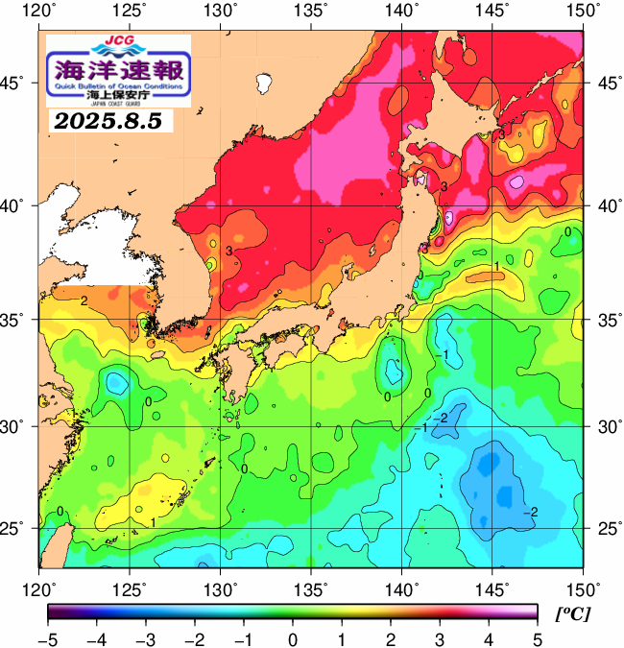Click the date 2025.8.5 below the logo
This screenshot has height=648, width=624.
click(108, 122)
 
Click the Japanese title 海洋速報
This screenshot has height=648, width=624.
click(118, 69)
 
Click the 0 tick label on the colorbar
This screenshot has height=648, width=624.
click(292, 638)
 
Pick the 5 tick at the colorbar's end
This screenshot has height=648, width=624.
click(537, 638)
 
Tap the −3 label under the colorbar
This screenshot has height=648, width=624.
click(145, 638)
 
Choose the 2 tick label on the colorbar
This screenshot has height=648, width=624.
click(390, 638)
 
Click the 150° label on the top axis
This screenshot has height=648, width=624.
click(582, 12)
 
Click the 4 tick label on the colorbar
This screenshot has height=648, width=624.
click(488, 638)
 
